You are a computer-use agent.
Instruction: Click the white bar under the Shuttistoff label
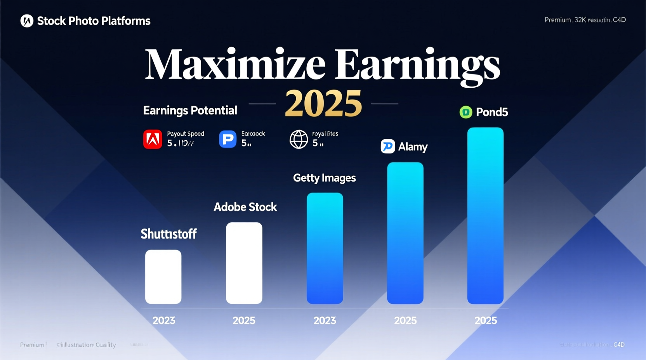pyautogui.click(x=163, y=277)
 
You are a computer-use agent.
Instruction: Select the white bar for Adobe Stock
pyautogui.click(x=244, y=263)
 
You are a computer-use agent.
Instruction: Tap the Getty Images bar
pyautogui.click(x=325, y=248)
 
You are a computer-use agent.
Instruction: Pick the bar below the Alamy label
pyautogui.click(x=405, y=233)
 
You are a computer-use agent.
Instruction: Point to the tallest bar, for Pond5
pyautogui.click(x=485, y=215)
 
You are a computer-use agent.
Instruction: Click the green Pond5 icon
pyautogui.click(x=465, y=112)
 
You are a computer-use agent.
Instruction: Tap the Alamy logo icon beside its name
pyautogui.click(x=387, y=146)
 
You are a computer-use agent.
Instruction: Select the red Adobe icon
pyautogui.click(x=153, y=139)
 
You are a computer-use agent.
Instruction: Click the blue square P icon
pyautogui.click(x=227, y=139)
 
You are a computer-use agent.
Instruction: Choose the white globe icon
pyautogui.click(x=299, y=139)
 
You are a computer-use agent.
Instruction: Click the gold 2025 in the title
pyautogui.click(x=323, y=103)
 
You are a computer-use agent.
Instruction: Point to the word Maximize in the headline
pyautogui.click(x=234, y=64)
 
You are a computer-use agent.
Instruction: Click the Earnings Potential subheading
pyautogui.click(x=190, y=111)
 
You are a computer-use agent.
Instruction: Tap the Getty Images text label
pyautogui.click(x=324, y=178)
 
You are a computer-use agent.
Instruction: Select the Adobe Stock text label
pyautogui.click(x=245, y=207)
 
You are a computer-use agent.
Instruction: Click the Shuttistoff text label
pyautogui.click(x=168, y=234)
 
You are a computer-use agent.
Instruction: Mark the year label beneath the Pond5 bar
pyautogui.click(x=485, y=320)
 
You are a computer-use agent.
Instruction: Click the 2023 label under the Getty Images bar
pyautogui.click(x=325, y=320)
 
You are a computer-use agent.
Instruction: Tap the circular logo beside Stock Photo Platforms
pyautogui.click(x=27, y=21)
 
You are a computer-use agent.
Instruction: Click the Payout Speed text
pyautogui.click(x=186, y=133)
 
